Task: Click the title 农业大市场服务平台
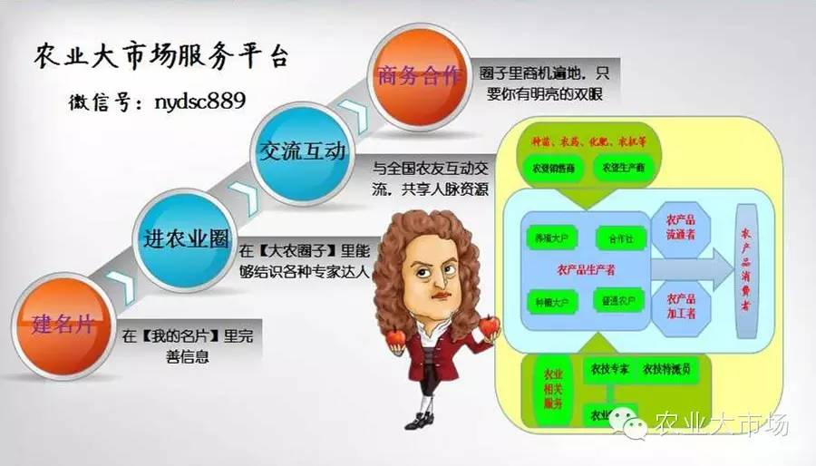[x=160, y=56]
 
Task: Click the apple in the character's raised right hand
[x=394, y=338]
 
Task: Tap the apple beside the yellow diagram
[x=491, y=324]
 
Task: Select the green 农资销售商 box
[x=551, y=168]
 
